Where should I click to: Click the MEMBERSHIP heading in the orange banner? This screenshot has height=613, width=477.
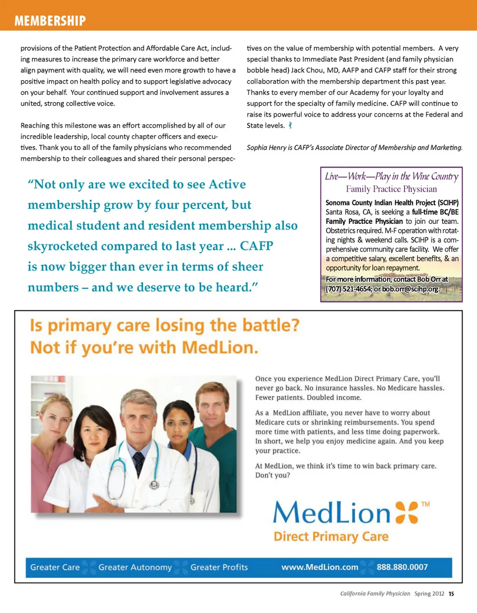(x=50, y=20)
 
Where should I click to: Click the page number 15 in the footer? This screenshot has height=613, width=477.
(x=451, y=593)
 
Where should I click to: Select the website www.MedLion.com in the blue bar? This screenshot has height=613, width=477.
(x=319, y=567)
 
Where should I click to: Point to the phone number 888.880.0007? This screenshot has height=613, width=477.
(x=402, y=567)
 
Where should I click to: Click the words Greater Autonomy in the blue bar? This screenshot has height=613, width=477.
(x=135, y=567)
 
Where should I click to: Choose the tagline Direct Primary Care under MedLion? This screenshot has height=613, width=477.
(x=331, y=537)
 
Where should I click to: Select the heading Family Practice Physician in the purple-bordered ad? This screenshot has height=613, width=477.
(x=391, y=189)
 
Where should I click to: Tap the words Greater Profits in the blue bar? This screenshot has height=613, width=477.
(x=219, y=567)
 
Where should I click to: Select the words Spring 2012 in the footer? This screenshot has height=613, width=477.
(x=430, y=593)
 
